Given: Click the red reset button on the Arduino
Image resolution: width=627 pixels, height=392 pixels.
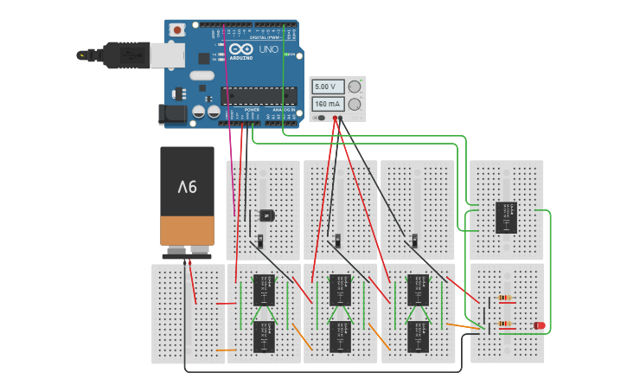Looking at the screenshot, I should pyautogui.click(x=178, y=29).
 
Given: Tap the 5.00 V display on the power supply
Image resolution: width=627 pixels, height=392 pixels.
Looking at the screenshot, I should pyautogui.click(x=328, y=87).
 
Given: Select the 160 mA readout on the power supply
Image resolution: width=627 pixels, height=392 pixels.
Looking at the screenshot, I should pyautogui.click(x=328, y=104).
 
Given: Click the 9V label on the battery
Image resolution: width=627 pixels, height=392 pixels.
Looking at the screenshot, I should pyautogui.click(x=187, y=186).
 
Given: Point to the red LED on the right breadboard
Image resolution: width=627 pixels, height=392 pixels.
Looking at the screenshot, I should pyautogui.click(x=540, y=325).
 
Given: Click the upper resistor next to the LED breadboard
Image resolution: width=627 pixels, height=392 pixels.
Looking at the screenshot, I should pyautogui.click(x=505, y=299).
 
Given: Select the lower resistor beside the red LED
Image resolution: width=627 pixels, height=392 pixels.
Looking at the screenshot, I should pyautogui.click(x=505, y=325).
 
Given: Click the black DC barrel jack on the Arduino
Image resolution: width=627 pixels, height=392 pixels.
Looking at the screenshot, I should pyautogui.click(x=174, y=113).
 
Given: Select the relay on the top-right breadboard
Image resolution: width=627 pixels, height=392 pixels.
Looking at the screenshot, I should pyautogui.click(x=507, y=217).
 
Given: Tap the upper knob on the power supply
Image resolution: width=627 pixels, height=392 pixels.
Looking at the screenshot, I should pyautogui.click(x=354, y=87).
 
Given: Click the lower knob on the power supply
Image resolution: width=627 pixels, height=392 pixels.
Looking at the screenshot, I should pyautogui.click(x=354, y=104).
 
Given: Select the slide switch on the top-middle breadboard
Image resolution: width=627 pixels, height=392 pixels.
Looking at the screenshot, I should pyautogui.click(x=339, y=239).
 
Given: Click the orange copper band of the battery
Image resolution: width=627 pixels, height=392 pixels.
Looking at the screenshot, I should pyautogui.click(x=187, y=230).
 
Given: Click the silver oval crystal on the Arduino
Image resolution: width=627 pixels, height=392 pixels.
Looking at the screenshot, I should pyautogui.click(x=202, y=75).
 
